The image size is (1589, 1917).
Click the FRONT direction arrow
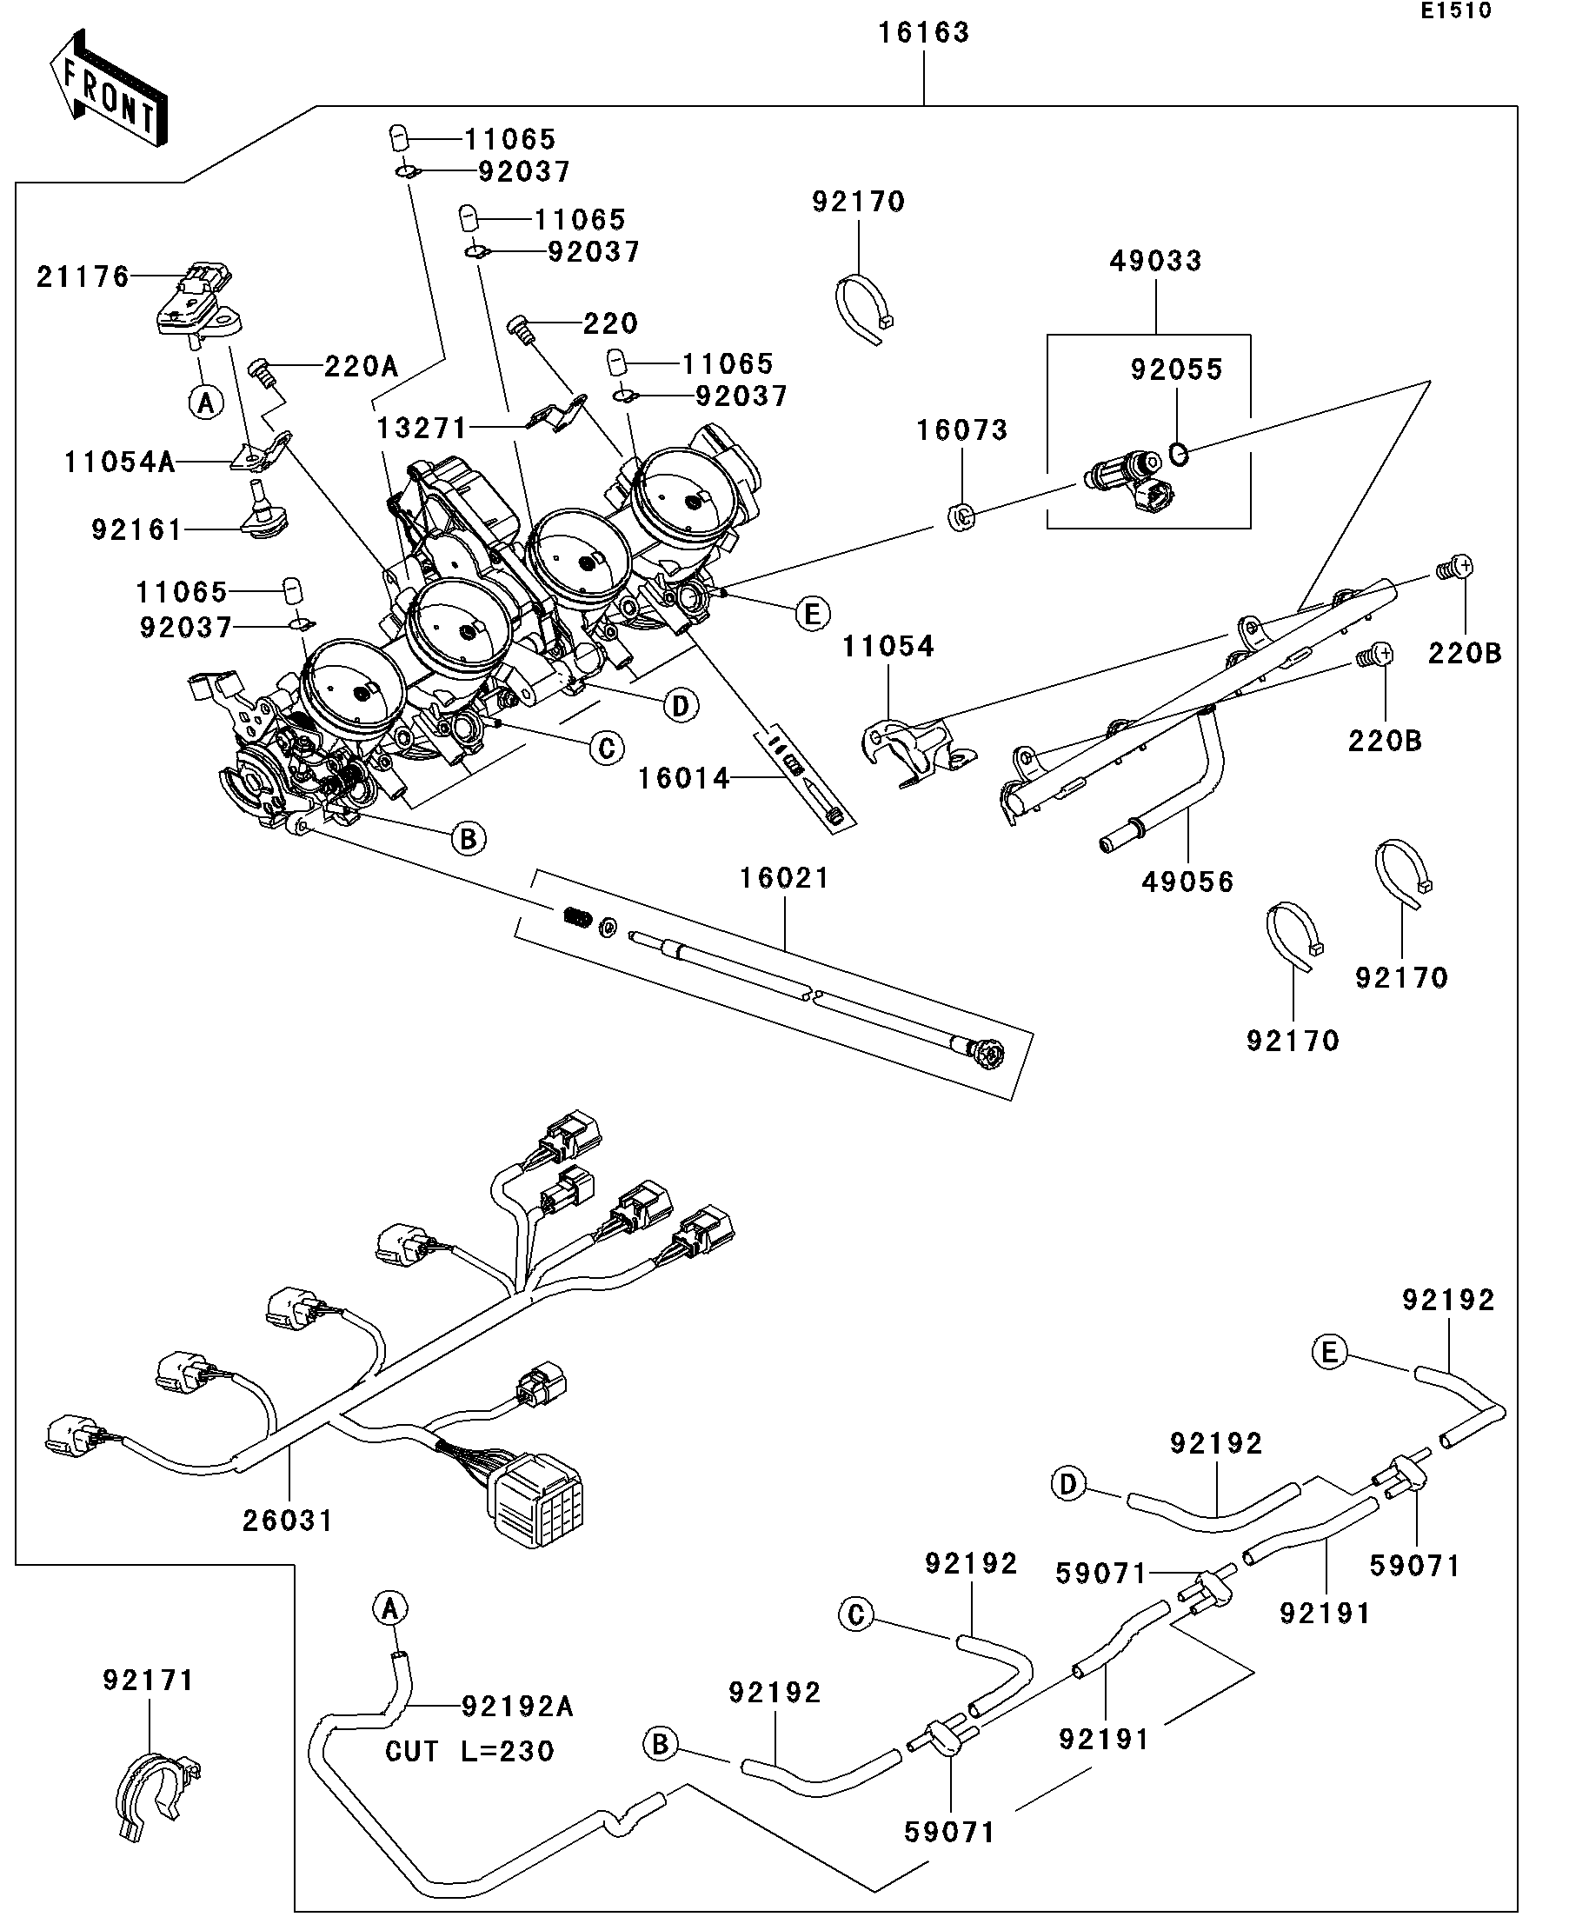point(108,90)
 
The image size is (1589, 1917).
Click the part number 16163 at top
point(924,33)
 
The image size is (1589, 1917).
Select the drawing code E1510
point(1455,11)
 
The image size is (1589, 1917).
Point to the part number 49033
point(1155,261)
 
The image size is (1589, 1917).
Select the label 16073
point(962,430)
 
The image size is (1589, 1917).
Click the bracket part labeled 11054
point(913,744)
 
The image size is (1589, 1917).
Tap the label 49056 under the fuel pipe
point(1187,882)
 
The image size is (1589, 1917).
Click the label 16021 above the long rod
point(784,878)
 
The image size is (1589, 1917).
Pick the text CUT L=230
point(469,1751)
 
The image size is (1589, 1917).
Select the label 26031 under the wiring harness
point(289,1521)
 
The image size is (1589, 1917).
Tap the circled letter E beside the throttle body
point(812,614)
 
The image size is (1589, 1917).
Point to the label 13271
point(422,428)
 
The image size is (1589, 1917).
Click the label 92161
point(136,529)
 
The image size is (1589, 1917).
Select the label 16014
point(683,778)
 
